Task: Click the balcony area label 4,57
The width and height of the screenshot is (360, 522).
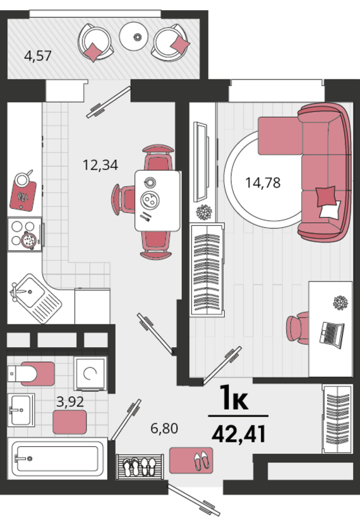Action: coord(38,56)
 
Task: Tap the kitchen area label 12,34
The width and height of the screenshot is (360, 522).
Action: coord(100,165)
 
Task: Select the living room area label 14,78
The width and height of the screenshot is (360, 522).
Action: coord(263,182)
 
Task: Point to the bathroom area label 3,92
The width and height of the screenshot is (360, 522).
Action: coord(70,402)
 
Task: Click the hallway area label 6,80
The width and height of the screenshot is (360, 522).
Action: coord(164,428)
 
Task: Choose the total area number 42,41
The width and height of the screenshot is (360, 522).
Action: coord(239,434)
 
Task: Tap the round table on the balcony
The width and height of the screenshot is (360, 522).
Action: coord(133,36)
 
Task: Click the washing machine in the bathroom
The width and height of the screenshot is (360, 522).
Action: coord(90,374)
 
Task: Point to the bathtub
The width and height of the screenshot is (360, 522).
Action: coord(57,458)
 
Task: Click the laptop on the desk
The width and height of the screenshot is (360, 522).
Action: coord(332,335)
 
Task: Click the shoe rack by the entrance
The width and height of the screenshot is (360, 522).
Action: coord(140,466)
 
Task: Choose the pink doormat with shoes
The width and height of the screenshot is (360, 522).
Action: coord(191,460)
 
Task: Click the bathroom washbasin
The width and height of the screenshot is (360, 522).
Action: coord(21,410)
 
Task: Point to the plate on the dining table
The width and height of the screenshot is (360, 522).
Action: coord(150,199)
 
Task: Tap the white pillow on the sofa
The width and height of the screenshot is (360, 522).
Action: coord(330,210)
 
